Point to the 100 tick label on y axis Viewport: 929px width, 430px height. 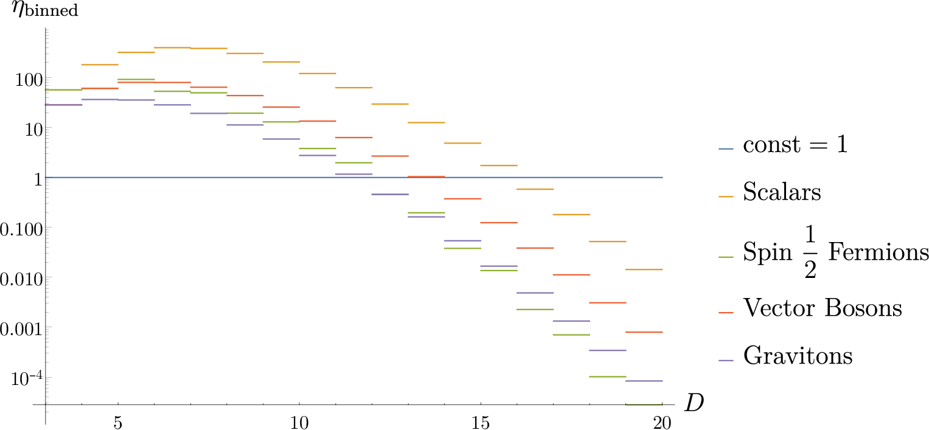point(29,79)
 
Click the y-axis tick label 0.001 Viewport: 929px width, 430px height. point(21,328)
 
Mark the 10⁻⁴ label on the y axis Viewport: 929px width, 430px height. point(27,378)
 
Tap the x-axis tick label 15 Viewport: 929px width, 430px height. point(481,423)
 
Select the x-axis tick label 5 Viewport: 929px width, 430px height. point(118,423)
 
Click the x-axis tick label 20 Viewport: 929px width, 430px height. point(662,423)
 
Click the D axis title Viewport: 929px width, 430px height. point(694,403)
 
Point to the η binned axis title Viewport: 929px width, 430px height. point(45,9)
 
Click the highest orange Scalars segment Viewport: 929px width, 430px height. point(173,47)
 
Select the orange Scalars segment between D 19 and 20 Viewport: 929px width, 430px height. point(644,269)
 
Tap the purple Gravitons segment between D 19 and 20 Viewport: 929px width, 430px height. point(644,381)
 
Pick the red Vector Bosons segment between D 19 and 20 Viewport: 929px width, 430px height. point(644,332)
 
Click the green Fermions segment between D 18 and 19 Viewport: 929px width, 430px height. point(608,376)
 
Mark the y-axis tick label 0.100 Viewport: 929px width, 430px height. point(21,229)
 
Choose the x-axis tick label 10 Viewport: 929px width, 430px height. point(299,423)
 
